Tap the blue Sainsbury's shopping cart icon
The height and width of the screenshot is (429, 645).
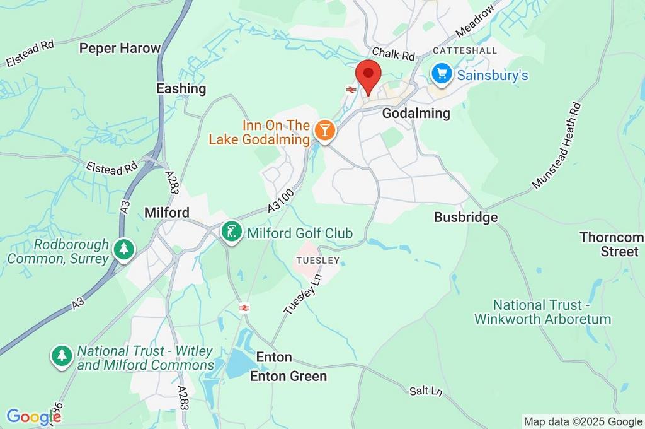click(x=442, y=74)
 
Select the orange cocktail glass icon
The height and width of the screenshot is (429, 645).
click(x=325, y=131)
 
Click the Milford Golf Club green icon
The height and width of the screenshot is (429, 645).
click(x=232, y=232)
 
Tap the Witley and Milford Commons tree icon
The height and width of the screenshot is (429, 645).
click(x=61, y=356)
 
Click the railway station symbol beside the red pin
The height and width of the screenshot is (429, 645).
click(x=351, y=90)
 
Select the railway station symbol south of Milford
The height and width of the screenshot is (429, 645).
click(x=244, y=307)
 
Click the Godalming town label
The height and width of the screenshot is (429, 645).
click(x=416, y=114)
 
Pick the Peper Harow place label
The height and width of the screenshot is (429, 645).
click(x=120, y=48)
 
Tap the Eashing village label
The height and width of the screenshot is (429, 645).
click(x=181, y=88)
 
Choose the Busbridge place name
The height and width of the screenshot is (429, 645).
click(x=465, y=217)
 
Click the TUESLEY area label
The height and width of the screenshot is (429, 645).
click(x=318, y=260)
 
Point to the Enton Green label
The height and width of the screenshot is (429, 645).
click(x=288, y=377)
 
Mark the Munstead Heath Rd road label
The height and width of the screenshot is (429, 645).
click(x=556, y=145)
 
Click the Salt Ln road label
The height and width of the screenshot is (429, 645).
click(x=426, y=391)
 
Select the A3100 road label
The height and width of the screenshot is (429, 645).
click(x=280, y=203)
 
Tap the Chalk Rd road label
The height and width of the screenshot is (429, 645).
click(x=394, y=54)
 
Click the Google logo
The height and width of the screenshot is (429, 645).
click(x=33, y=416)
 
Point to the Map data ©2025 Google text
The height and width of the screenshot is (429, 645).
click(x=583, y=421)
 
